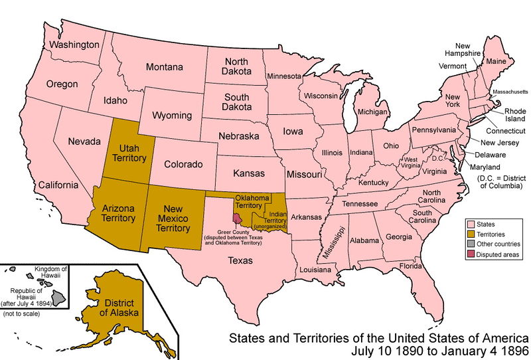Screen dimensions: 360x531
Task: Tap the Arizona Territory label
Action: coord(119,213)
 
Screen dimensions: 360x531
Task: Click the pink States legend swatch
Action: coord(472,225)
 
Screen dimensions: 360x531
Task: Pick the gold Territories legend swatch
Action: coord(472,234)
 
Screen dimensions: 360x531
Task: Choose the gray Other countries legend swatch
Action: coord(472,244)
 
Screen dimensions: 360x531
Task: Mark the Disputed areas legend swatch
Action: coord(472,253)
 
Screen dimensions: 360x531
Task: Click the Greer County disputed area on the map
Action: coord(237,219)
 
